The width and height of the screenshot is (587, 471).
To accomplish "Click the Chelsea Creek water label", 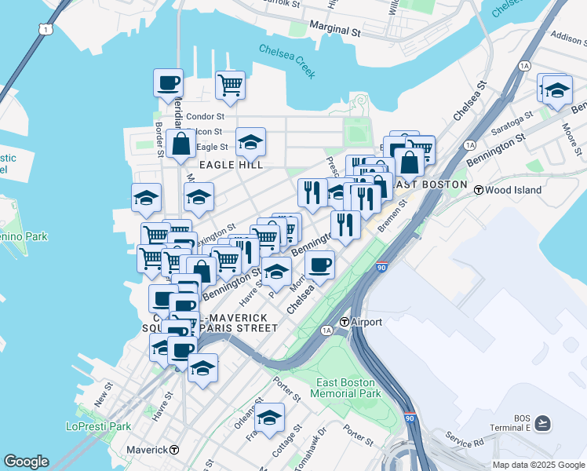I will (287, 60).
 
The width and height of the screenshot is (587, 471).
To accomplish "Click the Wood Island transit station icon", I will (477, 188).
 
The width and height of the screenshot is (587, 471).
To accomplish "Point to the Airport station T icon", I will (344, 322).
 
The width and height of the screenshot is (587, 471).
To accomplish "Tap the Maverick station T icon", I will (174, 450).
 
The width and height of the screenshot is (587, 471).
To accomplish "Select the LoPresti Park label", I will (98, 426).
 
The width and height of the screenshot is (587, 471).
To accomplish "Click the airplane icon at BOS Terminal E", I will (542, 424).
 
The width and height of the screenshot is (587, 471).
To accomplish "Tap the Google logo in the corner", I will (26, 462).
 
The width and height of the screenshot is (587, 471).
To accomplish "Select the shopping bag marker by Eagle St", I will (181, 144).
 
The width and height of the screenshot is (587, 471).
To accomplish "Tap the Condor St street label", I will (206, 117).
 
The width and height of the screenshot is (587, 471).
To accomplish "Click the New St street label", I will (104, 394).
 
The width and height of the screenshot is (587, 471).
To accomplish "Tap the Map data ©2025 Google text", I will (538, 465).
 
